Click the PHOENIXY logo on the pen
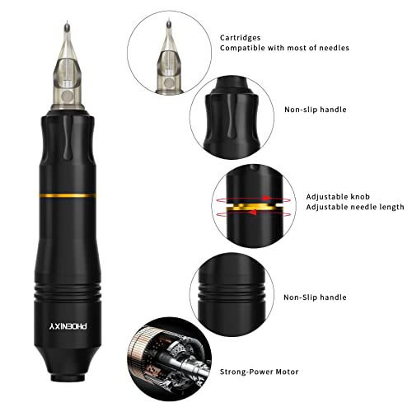tap(68, 326)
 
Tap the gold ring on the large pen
tap(68, 195)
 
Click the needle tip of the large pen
tap(67, 21)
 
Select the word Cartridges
tap(240, 38)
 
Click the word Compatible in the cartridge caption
tap(242, 49)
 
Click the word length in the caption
tap(391, 207)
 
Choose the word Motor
tap(287, 372)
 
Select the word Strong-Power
tap(246, 372)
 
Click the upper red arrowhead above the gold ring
tap(266, 198)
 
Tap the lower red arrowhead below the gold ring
tap(253, 212)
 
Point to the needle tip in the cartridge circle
tap(169, 21)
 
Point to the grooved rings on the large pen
tap(68, 293)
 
